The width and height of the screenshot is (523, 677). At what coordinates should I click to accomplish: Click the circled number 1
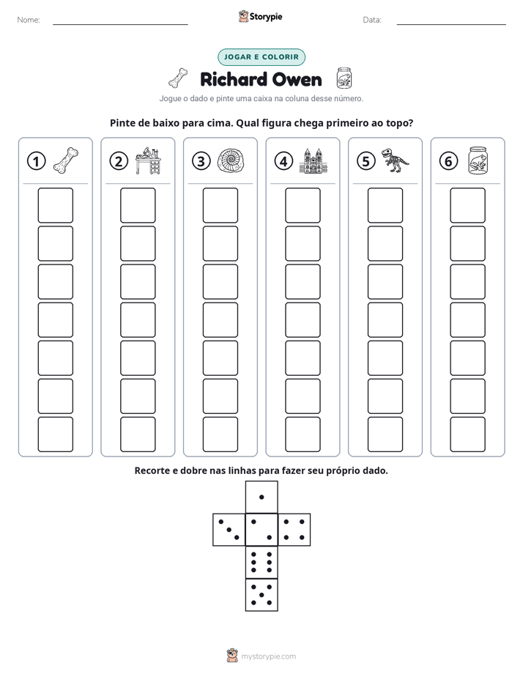coord(36,161)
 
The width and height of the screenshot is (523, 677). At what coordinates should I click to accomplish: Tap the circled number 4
coord(283,161)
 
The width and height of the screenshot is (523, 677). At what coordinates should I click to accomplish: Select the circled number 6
coord(448,161)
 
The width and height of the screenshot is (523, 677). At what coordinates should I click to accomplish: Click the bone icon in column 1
coord(66,160)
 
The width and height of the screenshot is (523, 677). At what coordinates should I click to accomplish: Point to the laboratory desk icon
coord(148,160)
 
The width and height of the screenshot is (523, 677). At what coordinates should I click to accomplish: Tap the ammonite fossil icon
coord(231,161)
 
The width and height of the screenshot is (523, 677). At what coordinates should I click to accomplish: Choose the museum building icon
coord(314,160)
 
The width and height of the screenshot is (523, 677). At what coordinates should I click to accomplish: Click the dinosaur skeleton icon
coord(395,160)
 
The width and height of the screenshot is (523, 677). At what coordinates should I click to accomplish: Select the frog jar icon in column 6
coord(478,160)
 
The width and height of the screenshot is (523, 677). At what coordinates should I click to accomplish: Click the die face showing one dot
coord(261,497)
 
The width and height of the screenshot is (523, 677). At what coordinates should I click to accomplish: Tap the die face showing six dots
coord(261,562)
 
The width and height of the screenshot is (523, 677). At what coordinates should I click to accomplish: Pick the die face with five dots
coord(261,595)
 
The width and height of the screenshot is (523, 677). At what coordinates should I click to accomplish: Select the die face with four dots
coord(294,530)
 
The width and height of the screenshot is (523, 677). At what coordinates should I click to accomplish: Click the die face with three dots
coord(229,530)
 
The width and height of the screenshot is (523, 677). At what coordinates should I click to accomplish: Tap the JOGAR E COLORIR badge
coord(261,57)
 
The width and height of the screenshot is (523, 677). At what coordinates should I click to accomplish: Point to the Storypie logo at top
coord(260,16)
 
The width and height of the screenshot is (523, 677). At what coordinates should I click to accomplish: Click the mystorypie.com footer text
coord(268,656)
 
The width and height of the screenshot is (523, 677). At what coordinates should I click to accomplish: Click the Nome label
coord(29,20)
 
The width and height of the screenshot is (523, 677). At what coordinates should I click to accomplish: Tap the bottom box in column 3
coord(220,434)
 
